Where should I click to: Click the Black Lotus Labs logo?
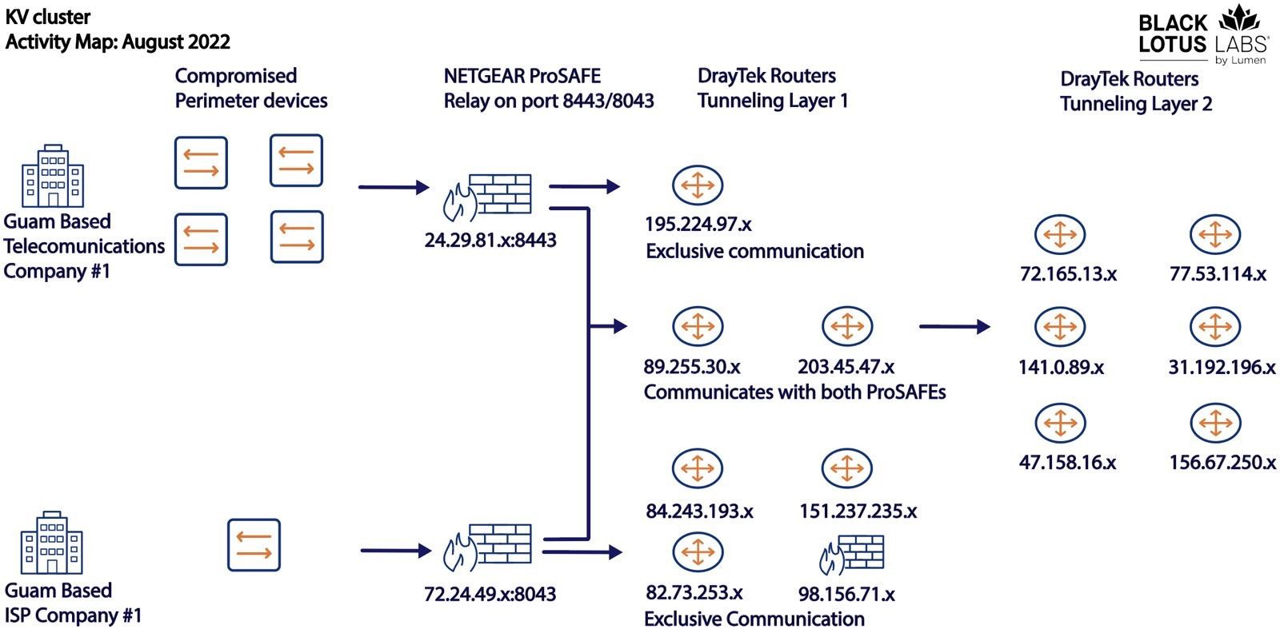point(1202,35)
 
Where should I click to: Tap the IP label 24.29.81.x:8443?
point(490,241)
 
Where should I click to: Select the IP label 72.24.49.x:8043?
point(490,594)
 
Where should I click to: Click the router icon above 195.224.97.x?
point(697,185)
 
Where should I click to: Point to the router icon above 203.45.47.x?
point(846,327)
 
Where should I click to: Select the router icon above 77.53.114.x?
point(1214,235)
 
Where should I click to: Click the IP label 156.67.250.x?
point(1222,463)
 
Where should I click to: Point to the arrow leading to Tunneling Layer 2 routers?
point(954,327)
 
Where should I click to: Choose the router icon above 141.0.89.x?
point(1059,327)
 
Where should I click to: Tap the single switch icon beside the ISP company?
point(254,545)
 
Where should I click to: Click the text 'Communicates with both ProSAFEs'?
point(794,392)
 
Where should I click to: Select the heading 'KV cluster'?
point(48,17)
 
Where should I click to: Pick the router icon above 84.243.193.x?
point(697,468)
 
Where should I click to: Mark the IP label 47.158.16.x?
point(1067,463)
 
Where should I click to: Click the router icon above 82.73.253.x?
point(697,552)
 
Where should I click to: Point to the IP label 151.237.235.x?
point(858,512)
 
